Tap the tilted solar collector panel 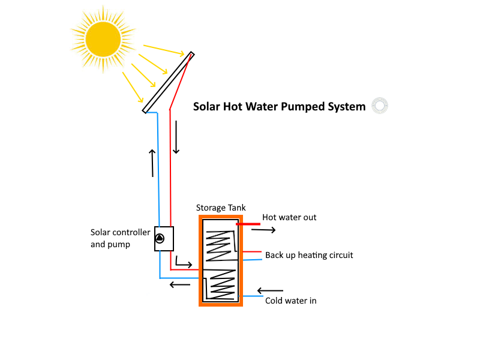[x=169, y=82]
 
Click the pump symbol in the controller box [x=160, y=238]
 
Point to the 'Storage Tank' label [x=221, y=208]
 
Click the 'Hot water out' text [x=289, y=217]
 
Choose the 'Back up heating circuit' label [x=309, y=255]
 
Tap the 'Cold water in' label [x=290, y=301]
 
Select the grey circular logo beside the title [x=380, y=106]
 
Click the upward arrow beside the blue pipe [x=152, y=163]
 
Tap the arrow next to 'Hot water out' [x=263, y=229]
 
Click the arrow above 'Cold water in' [x=270, y=291]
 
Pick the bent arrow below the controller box [x=183, y=262]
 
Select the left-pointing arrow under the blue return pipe [x=180, y=284]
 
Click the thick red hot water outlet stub [x=248, y=224]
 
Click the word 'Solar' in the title [x=206, y=107]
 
